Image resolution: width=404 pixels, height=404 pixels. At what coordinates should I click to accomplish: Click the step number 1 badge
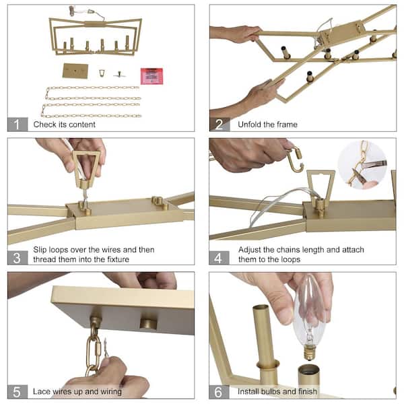click(x=18, y=124)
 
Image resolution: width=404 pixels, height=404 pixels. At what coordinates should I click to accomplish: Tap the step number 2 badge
click(x=220, y=125)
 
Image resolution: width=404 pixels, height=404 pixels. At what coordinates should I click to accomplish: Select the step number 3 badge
click(x=18, y=258)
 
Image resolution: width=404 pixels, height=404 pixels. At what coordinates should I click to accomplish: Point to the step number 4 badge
click(x=219, y=258)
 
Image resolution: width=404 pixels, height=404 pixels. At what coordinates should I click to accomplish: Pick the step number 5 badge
click(x=18, y=392)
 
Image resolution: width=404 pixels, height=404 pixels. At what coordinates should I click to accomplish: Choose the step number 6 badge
click(x=219, y=392)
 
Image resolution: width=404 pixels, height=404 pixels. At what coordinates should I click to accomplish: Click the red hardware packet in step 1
click(x=151, y=76)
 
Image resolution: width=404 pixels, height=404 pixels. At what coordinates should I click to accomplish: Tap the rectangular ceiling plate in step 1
click(x=75, y=71)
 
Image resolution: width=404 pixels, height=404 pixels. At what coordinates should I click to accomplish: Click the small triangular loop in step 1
click(x=102, y=73)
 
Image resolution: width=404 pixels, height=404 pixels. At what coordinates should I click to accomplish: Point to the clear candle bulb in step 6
click(x=310, y=318)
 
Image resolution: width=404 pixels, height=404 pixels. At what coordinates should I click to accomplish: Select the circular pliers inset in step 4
click(x=362, y=165)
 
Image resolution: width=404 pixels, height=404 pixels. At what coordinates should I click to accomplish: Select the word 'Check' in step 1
click(x=45, y=125)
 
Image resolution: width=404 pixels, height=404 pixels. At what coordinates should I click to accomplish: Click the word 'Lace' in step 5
click(x=41, y=391)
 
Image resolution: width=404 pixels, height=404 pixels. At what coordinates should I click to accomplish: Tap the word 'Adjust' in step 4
click(x=250, y=250)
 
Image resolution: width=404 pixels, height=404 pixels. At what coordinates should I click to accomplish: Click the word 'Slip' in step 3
click(x=40, y=250)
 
